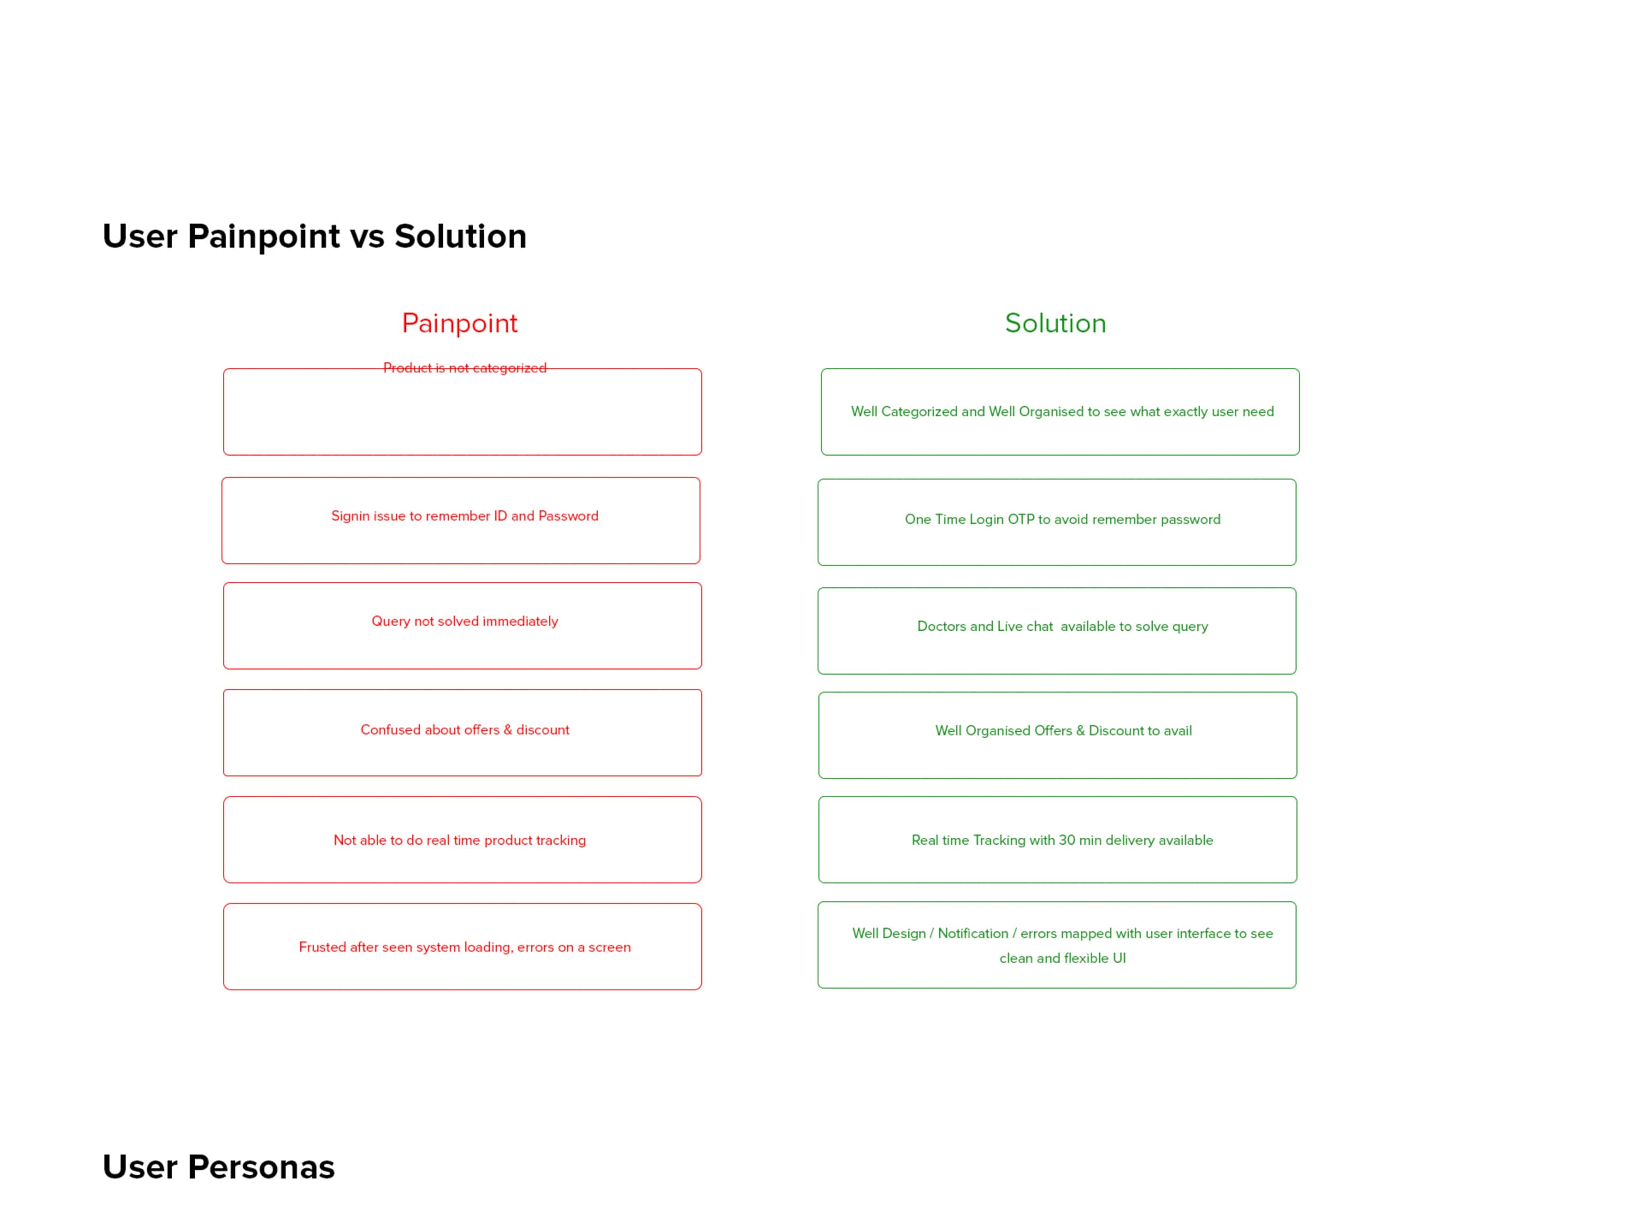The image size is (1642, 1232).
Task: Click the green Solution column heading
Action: (x=1056, y=323)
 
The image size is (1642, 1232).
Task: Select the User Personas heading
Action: (x=219, y=1167)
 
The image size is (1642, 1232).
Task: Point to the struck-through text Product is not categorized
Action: (x=465, y=367)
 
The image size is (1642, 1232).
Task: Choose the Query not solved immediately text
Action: (x=465, y=621)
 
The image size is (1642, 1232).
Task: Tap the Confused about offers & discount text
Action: (x=465, y=730)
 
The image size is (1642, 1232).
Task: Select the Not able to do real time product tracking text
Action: (x=459, y=841)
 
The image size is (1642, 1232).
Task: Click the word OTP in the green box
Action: (x=1021, y=519)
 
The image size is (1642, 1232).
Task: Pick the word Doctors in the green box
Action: (x=941, y=626)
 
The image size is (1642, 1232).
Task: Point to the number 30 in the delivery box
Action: (x=1067, y=840)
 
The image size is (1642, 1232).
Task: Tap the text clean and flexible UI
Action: (x=1062, y=958)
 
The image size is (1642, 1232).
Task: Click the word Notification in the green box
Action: (x=973, y=934)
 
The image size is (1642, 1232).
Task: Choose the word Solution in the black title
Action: (x=460, y=236)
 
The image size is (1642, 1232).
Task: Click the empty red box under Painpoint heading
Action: (x=463, y=454)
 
